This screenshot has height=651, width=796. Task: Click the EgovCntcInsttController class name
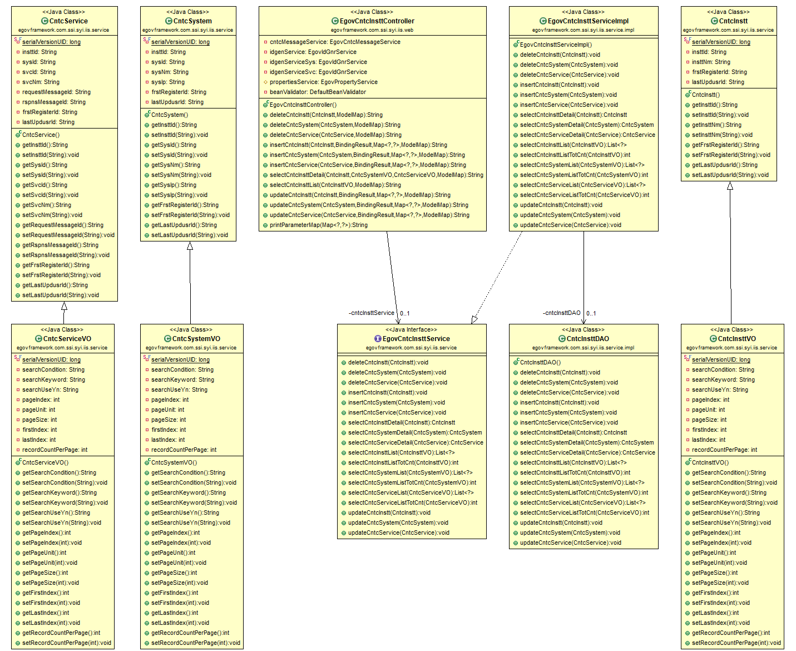(377, 21)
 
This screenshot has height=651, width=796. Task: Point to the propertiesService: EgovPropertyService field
(323, 82)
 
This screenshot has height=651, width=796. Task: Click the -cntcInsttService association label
(372, 313)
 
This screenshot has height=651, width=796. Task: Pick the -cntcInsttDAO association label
(561, 313)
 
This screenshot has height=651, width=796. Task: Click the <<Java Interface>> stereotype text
(411, 329)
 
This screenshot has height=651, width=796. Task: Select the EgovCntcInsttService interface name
(416, 338)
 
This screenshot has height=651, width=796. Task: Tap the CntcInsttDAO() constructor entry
(540, 362)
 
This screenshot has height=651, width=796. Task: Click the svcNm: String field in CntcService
(41, 82)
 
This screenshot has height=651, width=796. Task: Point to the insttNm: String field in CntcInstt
(711, 62)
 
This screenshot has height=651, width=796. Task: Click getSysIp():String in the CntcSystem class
(174, 185)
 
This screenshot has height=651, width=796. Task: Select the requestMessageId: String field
(56, 92)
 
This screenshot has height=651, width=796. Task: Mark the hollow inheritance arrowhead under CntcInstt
(730, 186)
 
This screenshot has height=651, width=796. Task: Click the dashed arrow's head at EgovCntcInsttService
(474, 319)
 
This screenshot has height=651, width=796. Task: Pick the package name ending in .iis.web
(372, 30)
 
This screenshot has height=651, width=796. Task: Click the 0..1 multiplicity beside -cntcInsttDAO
(591, 313)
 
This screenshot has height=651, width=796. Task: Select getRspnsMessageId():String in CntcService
(60, 245)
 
